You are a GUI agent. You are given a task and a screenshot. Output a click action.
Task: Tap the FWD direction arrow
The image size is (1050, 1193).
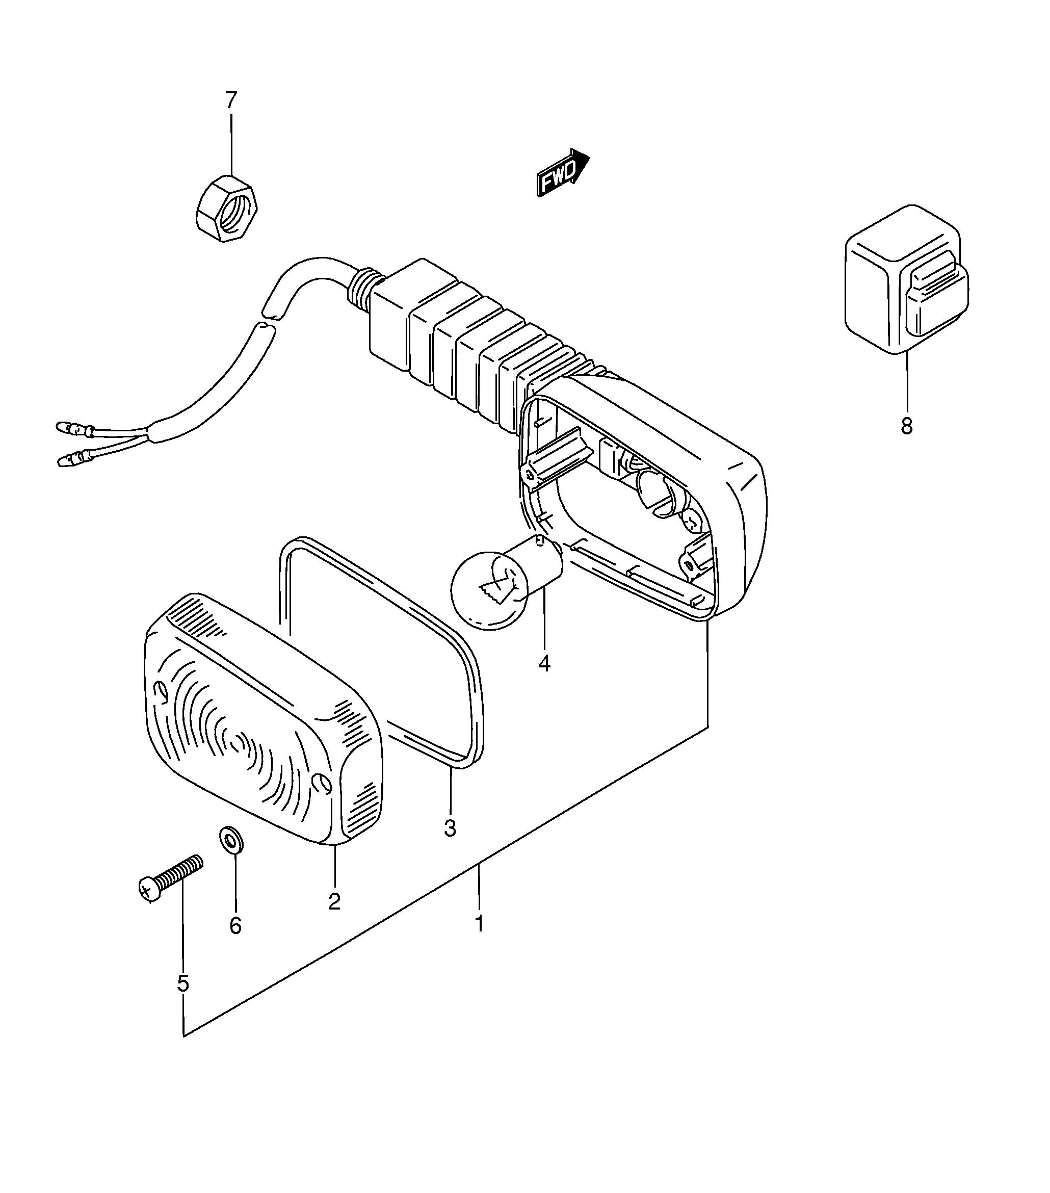coord(563,173)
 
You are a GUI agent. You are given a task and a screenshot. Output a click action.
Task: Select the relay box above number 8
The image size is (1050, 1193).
coord(906,279)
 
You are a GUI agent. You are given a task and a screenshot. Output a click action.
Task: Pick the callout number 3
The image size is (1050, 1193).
coord(450,827)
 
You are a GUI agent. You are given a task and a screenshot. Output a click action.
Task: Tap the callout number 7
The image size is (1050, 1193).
coord(231,100)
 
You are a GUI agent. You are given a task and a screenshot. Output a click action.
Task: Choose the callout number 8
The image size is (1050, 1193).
coord(906,426)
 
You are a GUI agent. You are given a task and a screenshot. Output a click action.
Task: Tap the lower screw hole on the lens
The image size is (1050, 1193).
coord(322,785)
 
